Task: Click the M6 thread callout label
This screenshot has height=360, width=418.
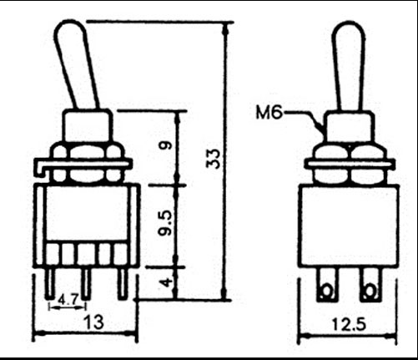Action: point(269,113)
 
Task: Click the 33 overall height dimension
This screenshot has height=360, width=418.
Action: point(213,159)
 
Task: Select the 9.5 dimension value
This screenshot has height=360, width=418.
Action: point(166,223)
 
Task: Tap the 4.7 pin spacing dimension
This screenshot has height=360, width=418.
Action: point(68,300)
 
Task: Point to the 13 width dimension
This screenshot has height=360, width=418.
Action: point(94,322)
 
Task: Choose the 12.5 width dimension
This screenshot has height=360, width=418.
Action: point(349,325)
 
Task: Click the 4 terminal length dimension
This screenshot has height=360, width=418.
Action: point(167,282)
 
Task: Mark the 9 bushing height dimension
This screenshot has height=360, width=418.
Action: point(167,145)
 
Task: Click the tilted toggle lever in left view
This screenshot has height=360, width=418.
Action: point(76,65)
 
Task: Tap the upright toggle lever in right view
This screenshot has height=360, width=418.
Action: point(349,67)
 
